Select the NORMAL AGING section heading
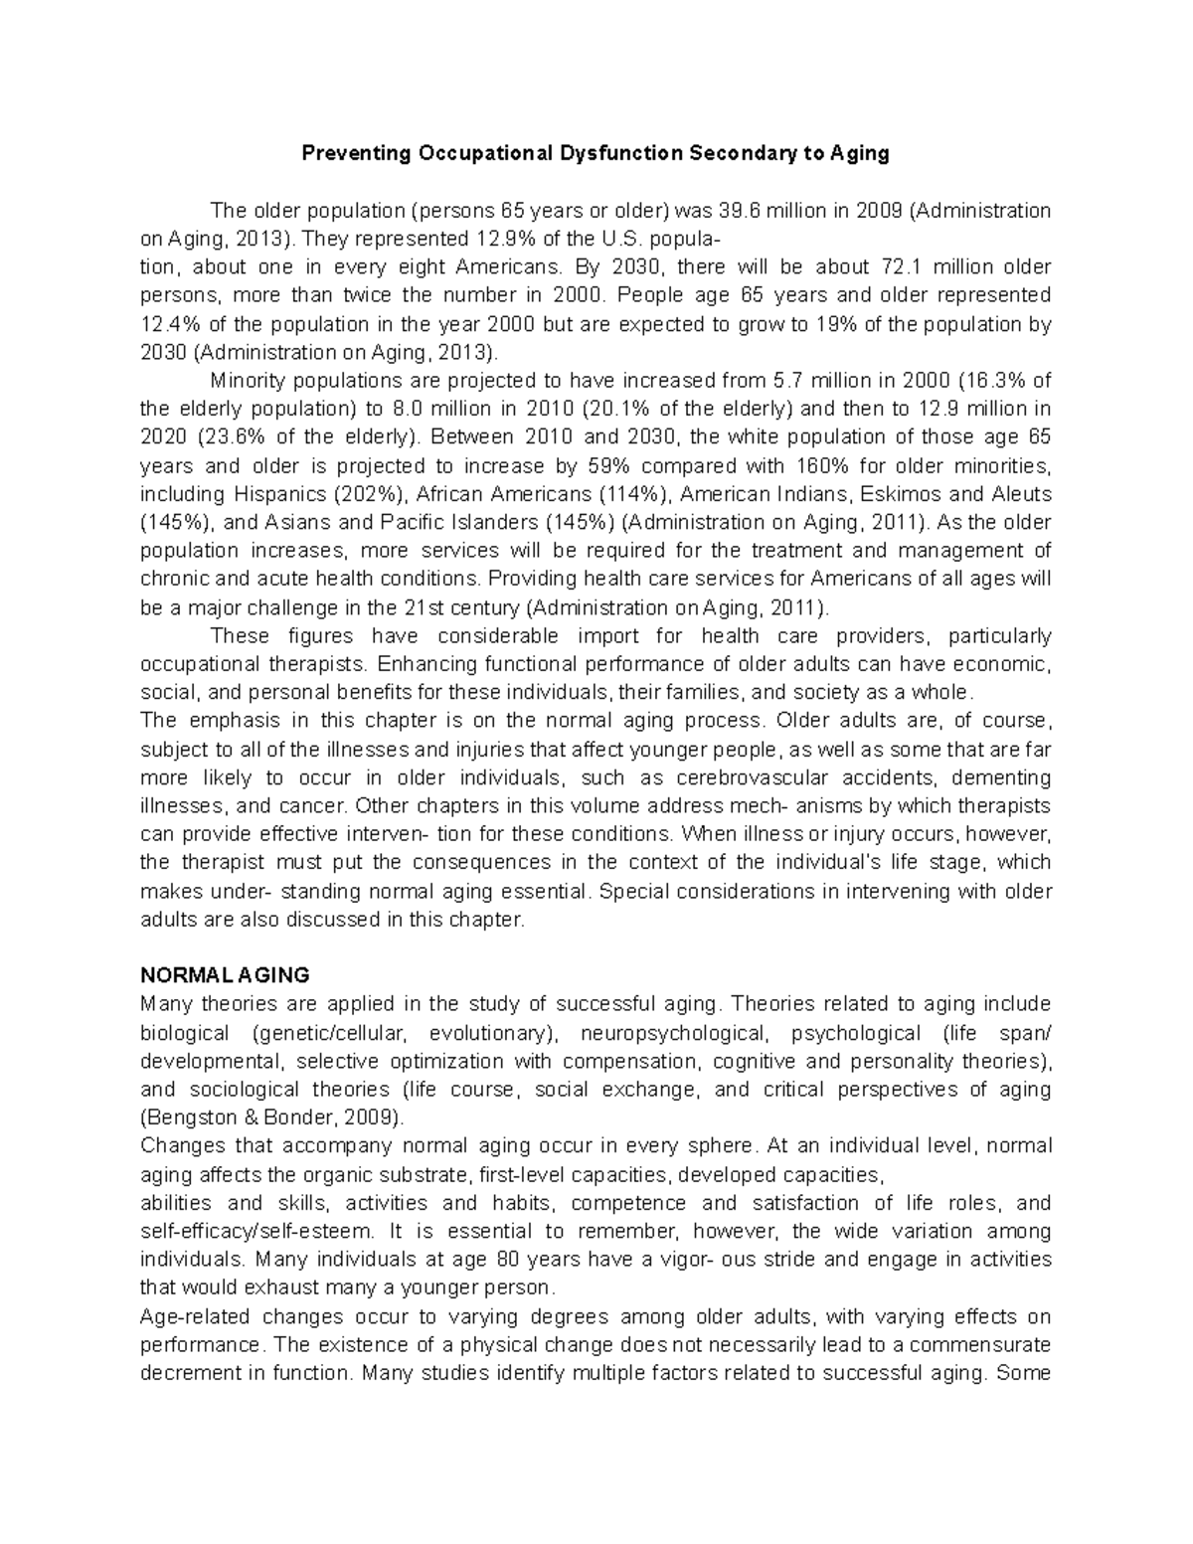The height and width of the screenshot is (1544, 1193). pos(226,975)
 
